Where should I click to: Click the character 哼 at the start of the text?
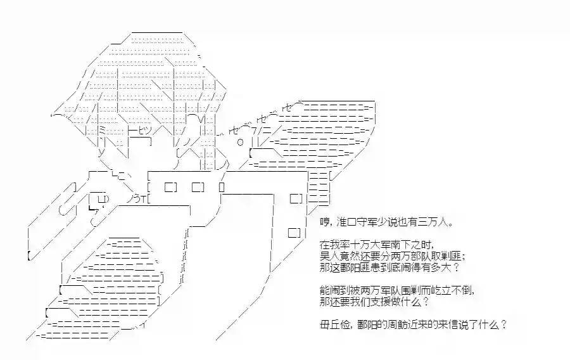325,221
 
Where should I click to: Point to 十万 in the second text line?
364,245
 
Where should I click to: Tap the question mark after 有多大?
457,267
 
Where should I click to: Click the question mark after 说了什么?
503,325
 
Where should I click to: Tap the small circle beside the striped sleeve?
240,142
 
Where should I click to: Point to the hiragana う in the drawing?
137,198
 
